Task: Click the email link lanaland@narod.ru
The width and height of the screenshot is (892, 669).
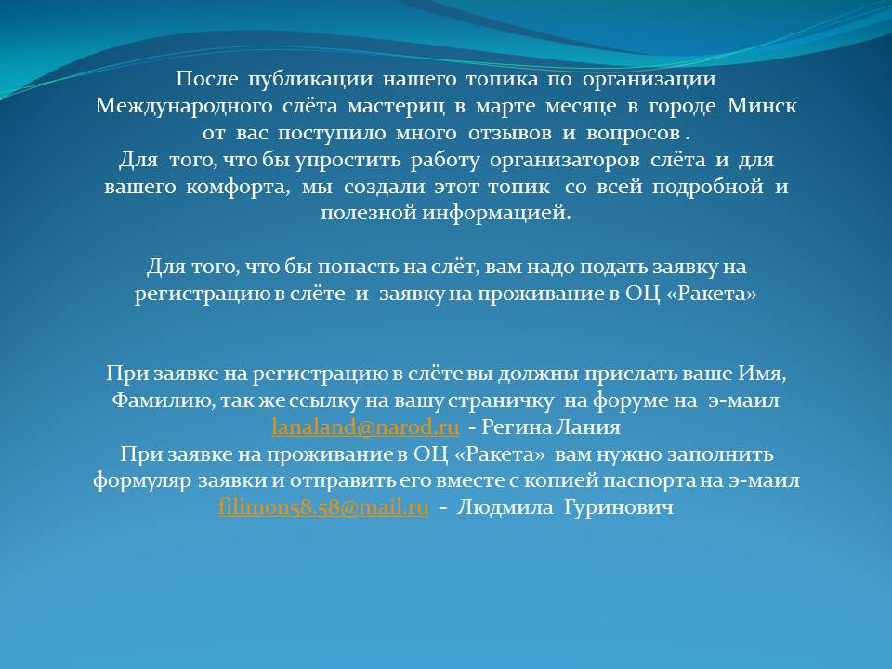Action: coord(364,426)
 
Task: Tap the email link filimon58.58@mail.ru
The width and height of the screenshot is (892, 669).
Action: coord(323,506)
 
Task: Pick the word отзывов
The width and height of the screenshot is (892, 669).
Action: coord(510,133)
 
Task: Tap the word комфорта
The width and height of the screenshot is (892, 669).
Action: coord(237,187)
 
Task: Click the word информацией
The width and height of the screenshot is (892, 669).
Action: coord(496,214)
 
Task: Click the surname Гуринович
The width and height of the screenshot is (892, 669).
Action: coord(619,507)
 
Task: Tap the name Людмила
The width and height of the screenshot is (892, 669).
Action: coord(505,506)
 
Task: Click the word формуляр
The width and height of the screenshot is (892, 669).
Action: coord(141,480)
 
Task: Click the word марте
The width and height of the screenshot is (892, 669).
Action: coord(506,107)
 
